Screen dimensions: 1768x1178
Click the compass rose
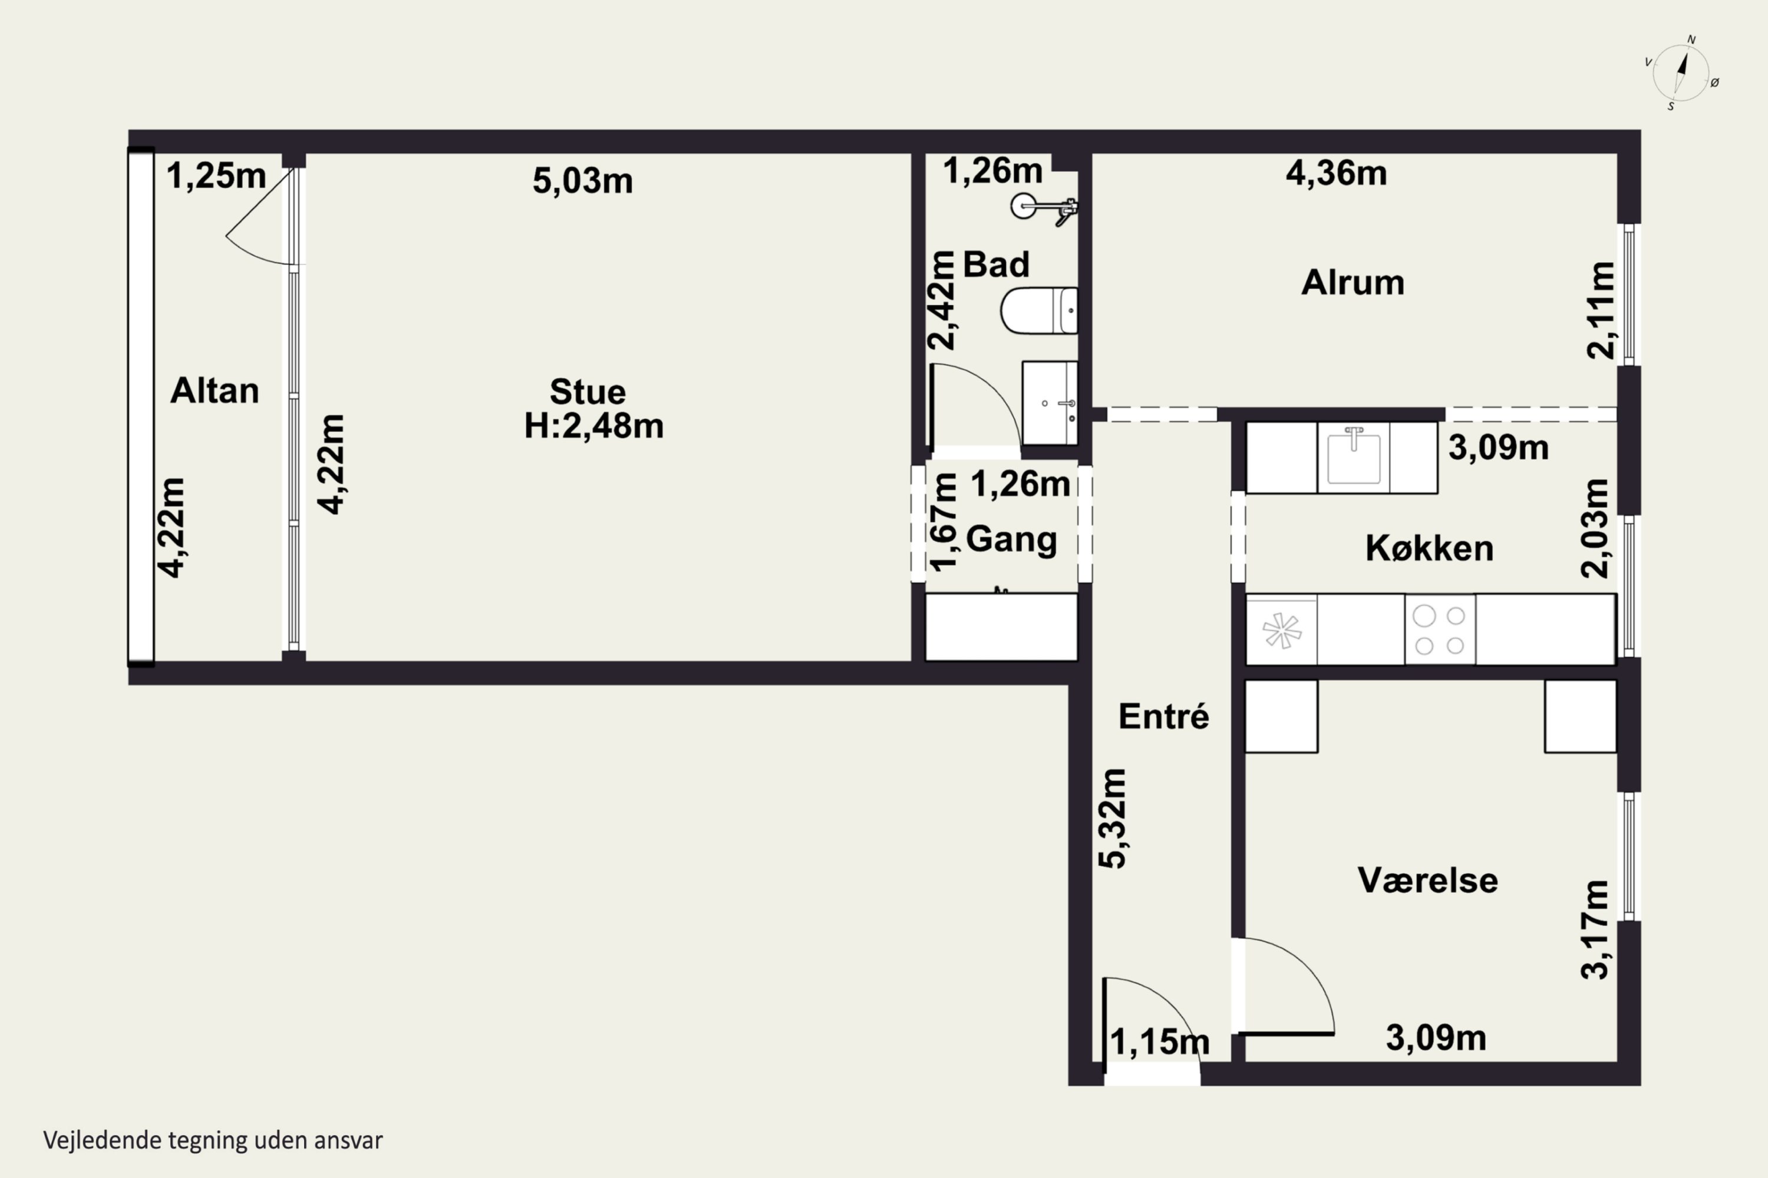(1681, 74)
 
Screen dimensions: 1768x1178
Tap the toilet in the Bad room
(1039, 310)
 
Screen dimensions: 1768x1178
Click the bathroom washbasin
(1050, 403)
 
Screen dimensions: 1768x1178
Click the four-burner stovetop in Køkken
(1440, 630)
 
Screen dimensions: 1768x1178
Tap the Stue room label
(587, 392)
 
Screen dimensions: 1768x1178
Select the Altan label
(215, 391)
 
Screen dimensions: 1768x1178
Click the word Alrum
(1353, 283)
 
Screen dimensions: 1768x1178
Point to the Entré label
(1163, 716)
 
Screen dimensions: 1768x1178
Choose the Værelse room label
(1427, 880)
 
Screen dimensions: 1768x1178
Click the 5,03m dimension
(583, 181)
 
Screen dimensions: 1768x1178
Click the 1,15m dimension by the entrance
(1160, 1042)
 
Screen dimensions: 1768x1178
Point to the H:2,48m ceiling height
(594, 426)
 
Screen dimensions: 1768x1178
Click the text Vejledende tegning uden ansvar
(213, 1140)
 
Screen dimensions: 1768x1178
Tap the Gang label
(1011, 540)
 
